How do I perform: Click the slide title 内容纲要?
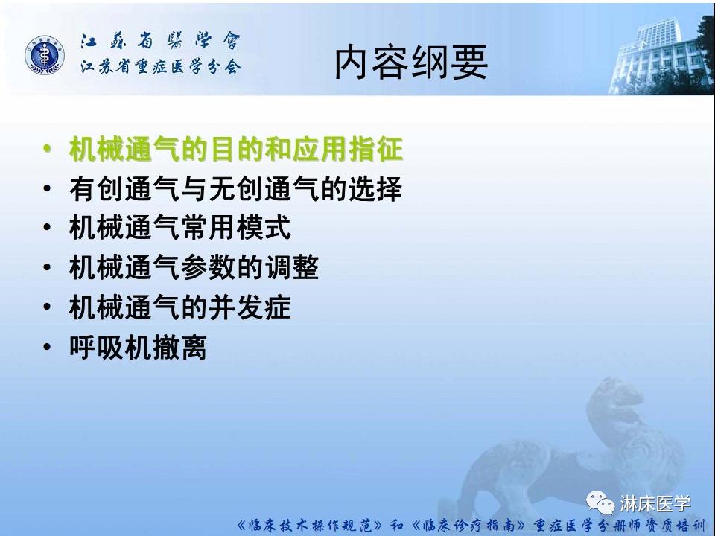click(410, 62)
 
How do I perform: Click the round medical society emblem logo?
click(45, 55)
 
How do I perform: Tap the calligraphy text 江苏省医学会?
click(161, 40)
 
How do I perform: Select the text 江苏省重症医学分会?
click(161, 66)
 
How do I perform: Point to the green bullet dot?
click(48, 150)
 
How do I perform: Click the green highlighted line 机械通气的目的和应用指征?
click(235, 150)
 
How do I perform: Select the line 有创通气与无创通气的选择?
click(235, 188)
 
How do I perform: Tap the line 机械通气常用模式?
click(179, 228)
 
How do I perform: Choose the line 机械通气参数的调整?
click(194, 267)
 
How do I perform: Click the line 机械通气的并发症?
click(179, 307)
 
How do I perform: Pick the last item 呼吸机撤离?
click(137, 347)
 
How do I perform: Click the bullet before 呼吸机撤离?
click(48, 347)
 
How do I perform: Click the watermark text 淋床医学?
click(655, 504)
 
